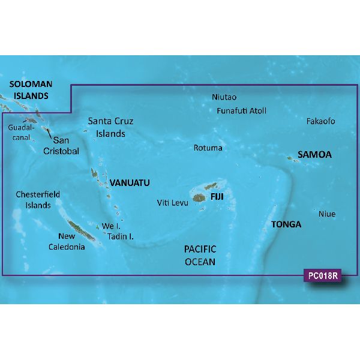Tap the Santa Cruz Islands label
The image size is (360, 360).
110,127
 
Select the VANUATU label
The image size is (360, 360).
130,182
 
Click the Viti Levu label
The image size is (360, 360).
173,203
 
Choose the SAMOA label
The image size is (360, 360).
316,155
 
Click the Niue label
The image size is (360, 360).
327,214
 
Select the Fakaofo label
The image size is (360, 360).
320,121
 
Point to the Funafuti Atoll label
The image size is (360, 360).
241,110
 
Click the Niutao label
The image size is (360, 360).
224,97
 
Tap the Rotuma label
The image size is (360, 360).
208,148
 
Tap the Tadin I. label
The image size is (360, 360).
121,236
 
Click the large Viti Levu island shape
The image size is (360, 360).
199,197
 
